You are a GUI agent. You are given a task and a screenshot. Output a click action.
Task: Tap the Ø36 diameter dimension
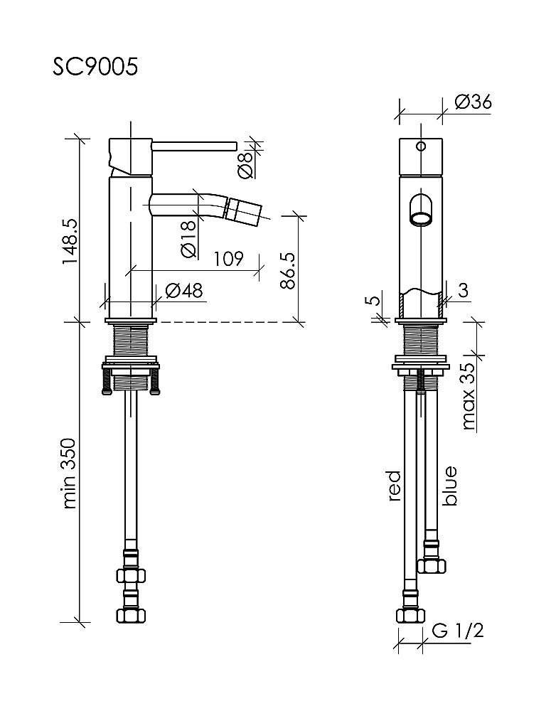click(x=471, y=102)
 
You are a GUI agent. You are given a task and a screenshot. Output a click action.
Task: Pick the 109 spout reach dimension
click(x=228, y=259)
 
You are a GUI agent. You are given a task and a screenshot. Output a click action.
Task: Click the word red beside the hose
click(x=395, y=486)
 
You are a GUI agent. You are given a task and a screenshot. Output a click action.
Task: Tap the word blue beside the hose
click(x=449, y=486)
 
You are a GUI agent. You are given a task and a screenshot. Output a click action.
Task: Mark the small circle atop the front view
click(x=421, y=147)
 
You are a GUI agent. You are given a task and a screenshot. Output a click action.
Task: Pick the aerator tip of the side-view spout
click(x=242, y=209)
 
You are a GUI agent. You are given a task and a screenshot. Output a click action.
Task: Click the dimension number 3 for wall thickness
click(x=463, y=290)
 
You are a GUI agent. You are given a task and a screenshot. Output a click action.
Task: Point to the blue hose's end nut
click(x=432, y=565)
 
